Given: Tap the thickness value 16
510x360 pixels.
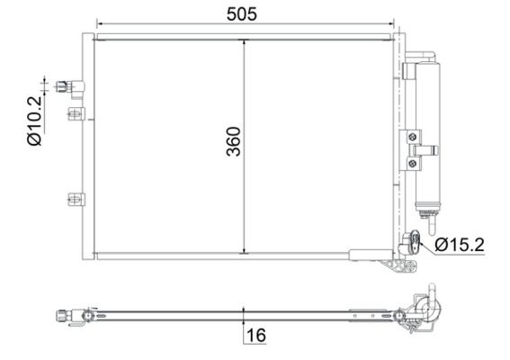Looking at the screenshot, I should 256,336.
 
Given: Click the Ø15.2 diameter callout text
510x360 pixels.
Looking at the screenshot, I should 461,244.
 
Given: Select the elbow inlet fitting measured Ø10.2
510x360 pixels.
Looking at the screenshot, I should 68,87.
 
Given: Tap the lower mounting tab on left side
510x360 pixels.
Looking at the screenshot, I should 76,198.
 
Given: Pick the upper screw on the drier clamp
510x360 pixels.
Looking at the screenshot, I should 413,137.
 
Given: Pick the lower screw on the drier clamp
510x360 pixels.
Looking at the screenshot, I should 413,163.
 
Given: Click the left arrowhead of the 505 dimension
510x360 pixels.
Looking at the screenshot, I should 100,24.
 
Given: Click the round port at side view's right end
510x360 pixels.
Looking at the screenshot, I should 423,311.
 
